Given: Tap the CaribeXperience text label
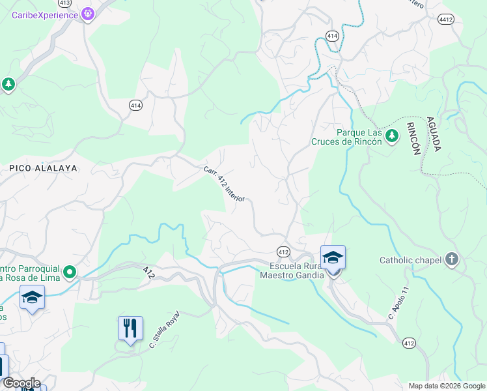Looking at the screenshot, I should (44, 14).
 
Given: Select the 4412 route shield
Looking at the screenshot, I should (446, 20).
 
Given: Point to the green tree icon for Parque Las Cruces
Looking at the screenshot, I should (391, 136).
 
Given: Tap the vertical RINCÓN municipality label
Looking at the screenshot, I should (413, 138).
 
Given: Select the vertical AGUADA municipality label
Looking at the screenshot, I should (432, 134).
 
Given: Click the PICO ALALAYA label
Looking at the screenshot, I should (43, 168).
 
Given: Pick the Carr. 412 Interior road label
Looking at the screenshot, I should (223, 184).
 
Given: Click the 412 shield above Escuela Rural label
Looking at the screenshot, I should (283, 252).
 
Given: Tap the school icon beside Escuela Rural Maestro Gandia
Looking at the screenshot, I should (333, 257).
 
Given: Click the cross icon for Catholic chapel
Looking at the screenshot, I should (452, 260).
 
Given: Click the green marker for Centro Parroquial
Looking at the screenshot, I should (70, 272).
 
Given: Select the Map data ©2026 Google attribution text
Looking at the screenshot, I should (446, 386).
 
